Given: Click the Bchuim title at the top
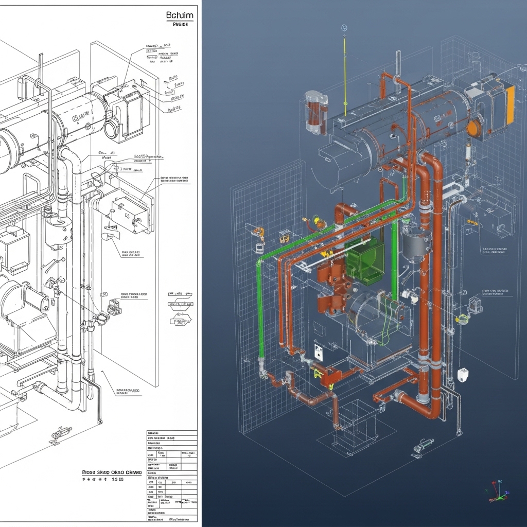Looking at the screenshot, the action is click(x=180, y=15).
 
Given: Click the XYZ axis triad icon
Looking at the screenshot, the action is click(x=497, y=491).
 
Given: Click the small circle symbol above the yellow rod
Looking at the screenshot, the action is click(x=344, y=28).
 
